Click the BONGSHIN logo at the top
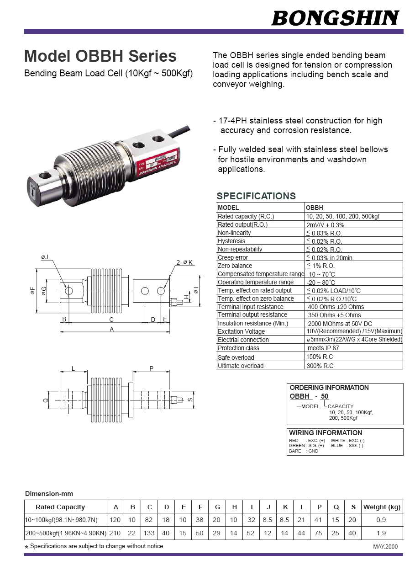tap(335, 18)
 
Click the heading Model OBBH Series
tap(100, 56)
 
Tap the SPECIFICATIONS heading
tap(256, 196)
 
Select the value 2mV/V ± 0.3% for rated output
tap(325, 225)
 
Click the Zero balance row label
tap(235, 266)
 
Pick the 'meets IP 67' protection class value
tap(323, 348)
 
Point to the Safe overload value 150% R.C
tap(320, 357)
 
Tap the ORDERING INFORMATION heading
tap(329, 388)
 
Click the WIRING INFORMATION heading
tap(326, 433)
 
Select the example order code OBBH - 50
tap(309, 396)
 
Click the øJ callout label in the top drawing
tap(45, 257)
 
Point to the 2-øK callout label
tap(184, 262)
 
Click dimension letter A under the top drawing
tap(111, 329)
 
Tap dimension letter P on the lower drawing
tap(151, 368)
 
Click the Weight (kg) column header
tap(381, 507)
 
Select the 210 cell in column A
tap(116, 533)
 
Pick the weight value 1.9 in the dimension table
tap(381, 533)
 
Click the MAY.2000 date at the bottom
tap(385, 547)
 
